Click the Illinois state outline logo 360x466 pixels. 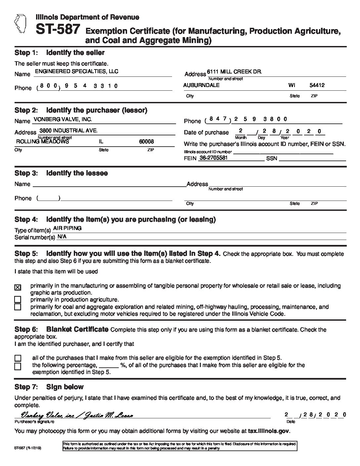(x=20, y=23)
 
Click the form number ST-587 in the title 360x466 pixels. (x=58, y=30)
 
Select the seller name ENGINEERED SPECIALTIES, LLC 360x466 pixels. (x=76, y=71)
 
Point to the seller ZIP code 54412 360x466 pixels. (x=317, y=85)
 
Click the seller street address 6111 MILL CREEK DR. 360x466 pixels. (x=234, y=72)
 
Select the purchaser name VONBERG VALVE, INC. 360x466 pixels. (x=63, y=119)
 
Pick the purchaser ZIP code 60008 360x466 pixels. (x=146, y=141)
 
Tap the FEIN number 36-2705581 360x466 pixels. (x=213, y=158)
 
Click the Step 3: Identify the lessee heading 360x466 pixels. (x=61, y=173)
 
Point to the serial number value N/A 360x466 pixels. (x=62, y=237)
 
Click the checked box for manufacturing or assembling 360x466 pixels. (x=18, y=287)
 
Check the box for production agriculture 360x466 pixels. (x=18, y=300)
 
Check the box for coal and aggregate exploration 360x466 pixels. (x=18, y=307)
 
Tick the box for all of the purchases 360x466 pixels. (x=18, y=358)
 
